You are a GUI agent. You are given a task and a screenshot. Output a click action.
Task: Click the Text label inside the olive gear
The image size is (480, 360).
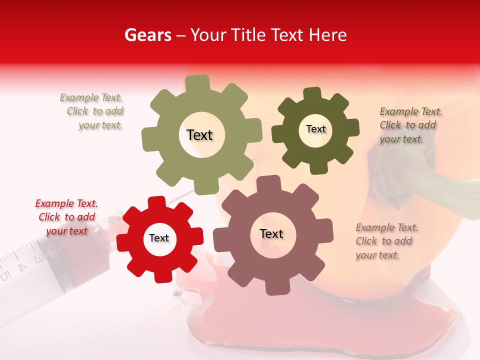point(199,135)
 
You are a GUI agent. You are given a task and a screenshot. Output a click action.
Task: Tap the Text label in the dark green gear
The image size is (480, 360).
point(315,129)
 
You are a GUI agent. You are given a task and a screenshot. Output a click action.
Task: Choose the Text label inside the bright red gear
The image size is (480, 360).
point(159,238)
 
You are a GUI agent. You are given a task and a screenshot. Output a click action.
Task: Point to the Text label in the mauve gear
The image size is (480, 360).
point(271,233)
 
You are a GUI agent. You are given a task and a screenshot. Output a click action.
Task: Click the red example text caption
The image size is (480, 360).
point(66,217)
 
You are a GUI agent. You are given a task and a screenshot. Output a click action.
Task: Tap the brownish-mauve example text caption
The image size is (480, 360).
point(386,241)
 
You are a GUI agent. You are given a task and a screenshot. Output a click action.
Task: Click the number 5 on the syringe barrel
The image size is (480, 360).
point(5,275)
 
